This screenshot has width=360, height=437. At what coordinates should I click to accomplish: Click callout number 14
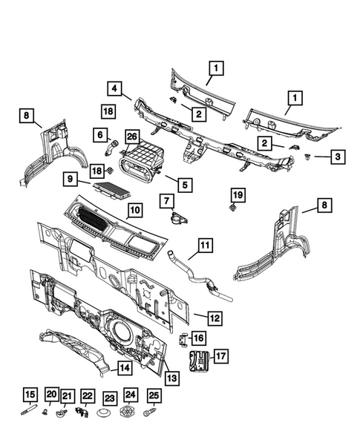[x=125, y=367]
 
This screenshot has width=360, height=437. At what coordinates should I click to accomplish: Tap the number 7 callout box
[x=165, y=201]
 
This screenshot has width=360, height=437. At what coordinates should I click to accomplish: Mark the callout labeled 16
[x=197, y=338]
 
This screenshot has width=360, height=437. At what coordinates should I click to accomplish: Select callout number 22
[x=88, y=397]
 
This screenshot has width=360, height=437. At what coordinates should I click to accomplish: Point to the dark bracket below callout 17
[x=198, y=364]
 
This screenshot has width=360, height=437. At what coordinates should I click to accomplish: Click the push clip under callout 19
[x=235, y=209]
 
